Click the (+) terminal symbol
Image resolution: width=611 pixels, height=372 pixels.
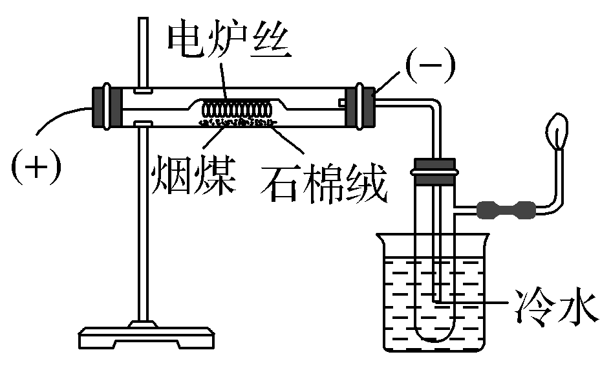point(36,166)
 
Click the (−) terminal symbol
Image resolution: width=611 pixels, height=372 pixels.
point(430,65)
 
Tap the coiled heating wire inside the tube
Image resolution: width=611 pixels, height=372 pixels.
point(236,108)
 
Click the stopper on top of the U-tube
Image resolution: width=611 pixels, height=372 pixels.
point(434,168)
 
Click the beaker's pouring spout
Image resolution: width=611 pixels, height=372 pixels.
point(381,238)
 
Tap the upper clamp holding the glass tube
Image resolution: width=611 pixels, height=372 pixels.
point(144,87)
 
